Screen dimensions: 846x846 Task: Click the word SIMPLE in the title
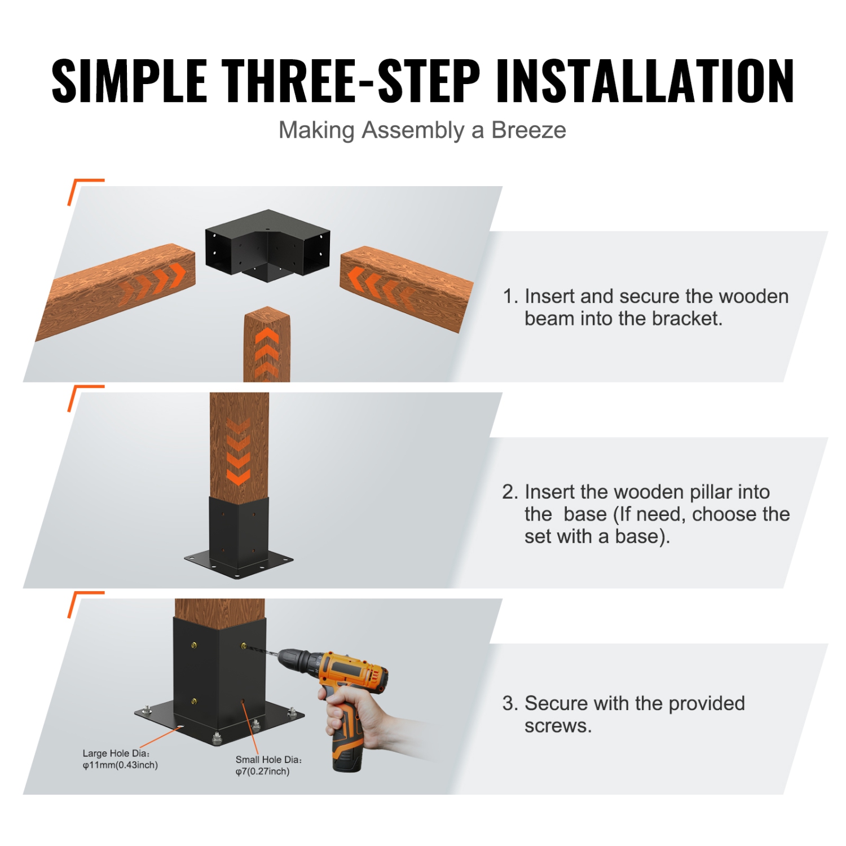(129, 81)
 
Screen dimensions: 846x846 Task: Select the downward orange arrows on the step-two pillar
(239, 451)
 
